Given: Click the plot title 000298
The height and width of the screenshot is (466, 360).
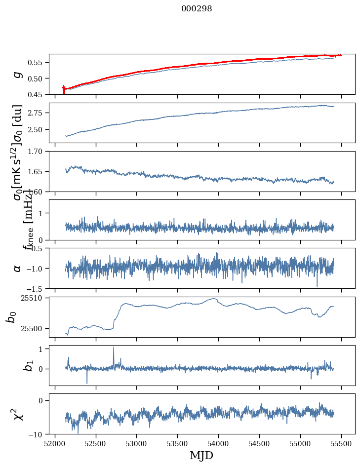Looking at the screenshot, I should pos(197,9).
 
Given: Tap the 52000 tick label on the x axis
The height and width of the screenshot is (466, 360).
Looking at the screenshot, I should pos(55,443).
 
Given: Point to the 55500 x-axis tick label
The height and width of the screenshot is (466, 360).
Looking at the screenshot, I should pos(342,443).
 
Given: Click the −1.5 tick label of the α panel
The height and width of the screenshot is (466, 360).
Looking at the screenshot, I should pos(35,288).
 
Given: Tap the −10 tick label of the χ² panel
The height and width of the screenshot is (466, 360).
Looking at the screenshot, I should pos(37,434).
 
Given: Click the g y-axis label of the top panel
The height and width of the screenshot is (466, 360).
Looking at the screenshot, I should pos(18,74).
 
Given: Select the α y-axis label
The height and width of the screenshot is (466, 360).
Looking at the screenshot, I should pos(18,268).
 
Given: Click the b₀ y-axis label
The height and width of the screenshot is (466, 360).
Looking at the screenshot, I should pos(12,316).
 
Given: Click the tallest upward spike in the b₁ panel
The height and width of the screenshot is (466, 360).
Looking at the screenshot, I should pos(114,348).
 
